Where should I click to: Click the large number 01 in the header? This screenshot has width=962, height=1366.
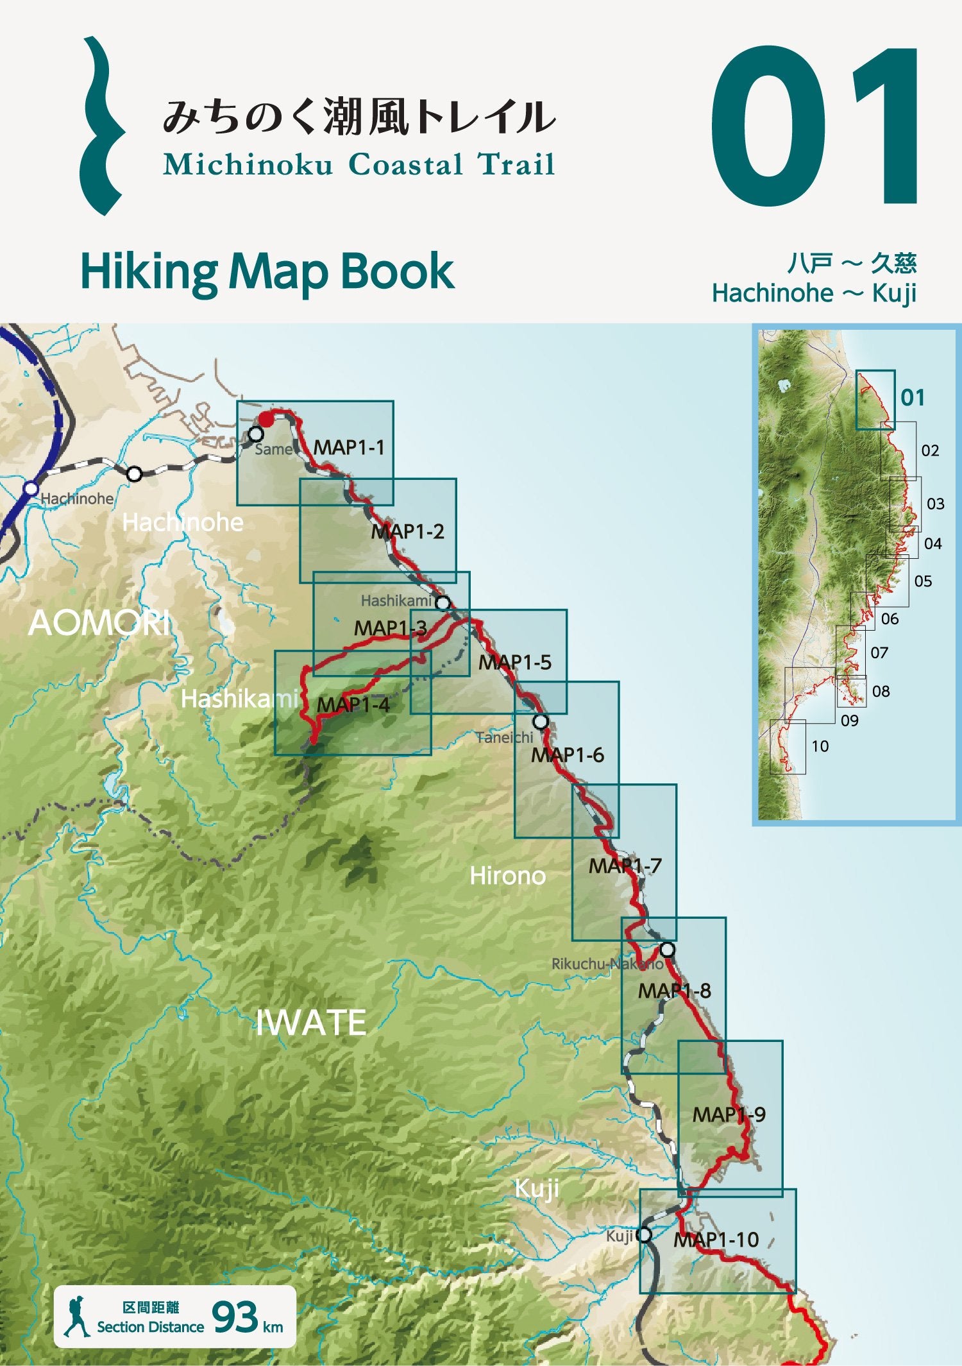pyautogui.click(x=814, y=126)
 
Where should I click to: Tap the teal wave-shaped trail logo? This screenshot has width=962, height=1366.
pyautogui.click(x=101, y=126)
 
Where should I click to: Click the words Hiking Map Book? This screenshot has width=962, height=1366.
pyautogui.click(x=267, y=272)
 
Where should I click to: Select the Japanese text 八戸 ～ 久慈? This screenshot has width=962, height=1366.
pyautogui.click(x=851, y=263)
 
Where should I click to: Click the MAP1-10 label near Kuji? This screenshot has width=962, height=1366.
pyautogui.click(x=716, y=1240)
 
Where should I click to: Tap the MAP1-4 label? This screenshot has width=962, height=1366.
pyautogui.click(x=353, y=705)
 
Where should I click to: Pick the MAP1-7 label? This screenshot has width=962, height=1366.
pyautogui.click(x=625, y=866)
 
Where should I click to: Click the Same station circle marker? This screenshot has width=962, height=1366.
pyautogui.click(x=256, y=434)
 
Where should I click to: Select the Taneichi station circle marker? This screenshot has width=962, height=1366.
pyautogui.click(x=541, y=722)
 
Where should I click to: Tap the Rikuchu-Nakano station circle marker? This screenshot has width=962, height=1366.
pyautogui.click(x=667, y=950)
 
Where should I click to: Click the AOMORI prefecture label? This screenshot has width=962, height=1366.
pyautogui.click(x=99, y=623)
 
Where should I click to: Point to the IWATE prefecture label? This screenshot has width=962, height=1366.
pyautogui.click(x=310, y=1023)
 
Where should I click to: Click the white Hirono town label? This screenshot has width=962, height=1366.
pyautogui.click(x=507, y=876)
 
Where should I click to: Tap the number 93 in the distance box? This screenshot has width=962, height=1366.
pyautogui.click(x=235, y=1317)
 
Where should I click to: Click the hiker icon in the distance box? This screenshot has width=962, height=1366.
pyautogui.click(x=77, y=1317)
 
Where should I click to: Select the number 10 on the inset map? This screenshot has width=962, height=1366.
pyautogui.click(x=820, y=746)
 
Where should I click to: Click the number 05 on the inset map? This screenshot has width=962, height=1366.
pyautogui.click(x=923, y=581)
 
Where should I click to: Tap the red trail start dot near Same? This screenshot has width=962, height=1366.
pyautogui.click(x=265, y=420)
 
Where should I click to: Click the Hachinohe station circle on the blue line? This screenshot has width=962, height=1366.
pyautogui.click(x=30, y=489)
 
